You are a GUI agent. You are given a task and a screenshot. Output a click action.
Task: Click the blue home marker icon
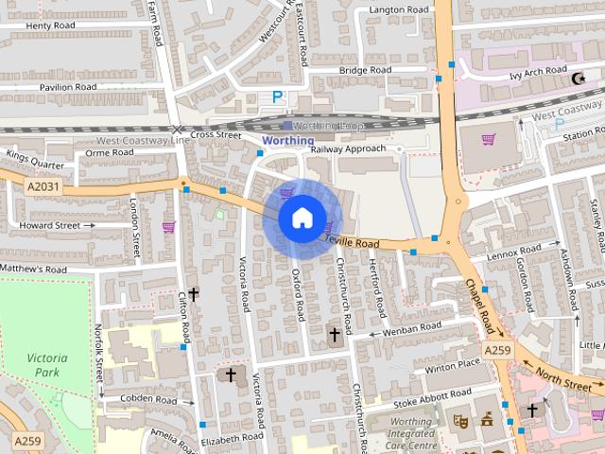[302, 218]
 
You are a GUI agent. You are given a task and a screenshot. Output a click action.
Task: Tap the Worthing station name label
[287, 141]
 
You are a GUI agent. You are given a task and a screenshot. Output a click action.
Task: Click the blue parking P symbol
[278, 96]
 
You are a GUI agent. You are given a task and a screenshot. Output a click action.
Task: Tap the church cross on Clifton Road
[194, 294]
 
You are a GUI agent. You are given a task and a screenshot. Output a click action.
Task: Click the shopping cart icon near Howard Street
[169, 226]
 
